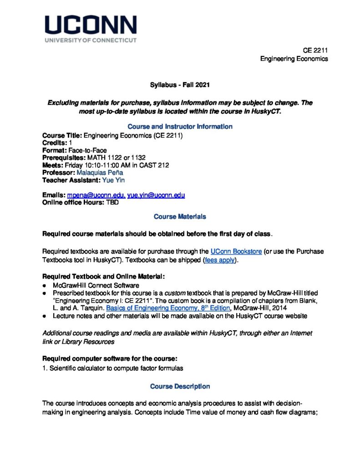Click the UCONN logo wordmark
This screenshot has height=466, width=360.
coord(91,25)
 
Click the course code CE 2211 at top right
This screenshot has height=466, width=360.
coord(315,51)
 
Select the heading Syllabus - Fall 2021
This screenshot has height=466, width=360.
coord(180,85)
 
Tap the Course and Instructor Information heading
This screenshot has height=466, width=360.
coord(180,127)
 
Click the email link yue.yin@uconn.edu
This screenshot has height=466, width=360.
coord(156,195)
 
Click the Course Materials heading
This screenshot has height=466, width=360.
coord(180,217)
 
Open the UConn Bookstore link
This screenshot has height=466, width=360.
coord(236,252)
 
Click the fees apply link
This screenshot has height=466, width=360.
coord(220,260)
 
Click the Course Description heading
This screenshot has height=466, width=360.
coord(180,386)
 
